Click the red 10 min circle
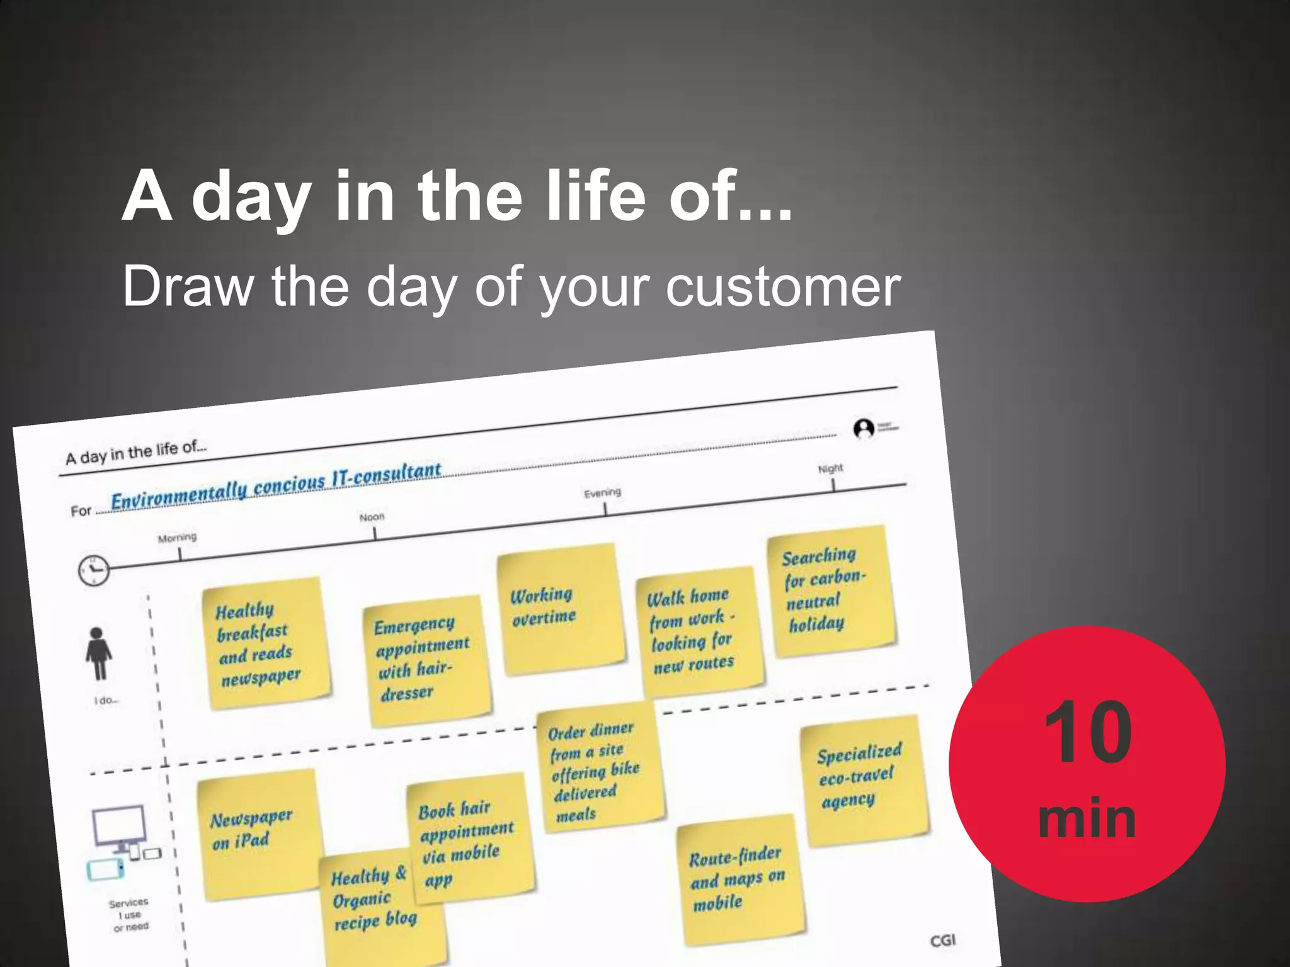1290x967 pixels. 1087,764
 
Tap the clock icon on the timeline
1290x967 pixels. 93,570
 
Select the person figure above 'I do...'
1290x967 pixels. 98,653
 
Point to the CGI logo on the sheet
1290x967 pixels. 943,941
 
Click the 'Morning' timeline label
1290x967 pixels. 177,538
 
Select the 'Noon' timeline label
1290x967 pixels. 372,517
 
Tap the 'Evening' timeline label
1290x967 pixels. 602,492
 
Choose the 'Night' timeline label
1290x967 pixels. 830,468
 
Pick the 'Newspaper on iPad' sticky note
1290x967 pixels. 258,831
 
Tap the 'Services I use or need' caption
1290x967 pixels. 130,914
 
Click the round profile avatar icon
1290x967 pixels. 864,429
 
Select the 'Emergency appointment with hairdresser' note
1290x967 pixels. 425,658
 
